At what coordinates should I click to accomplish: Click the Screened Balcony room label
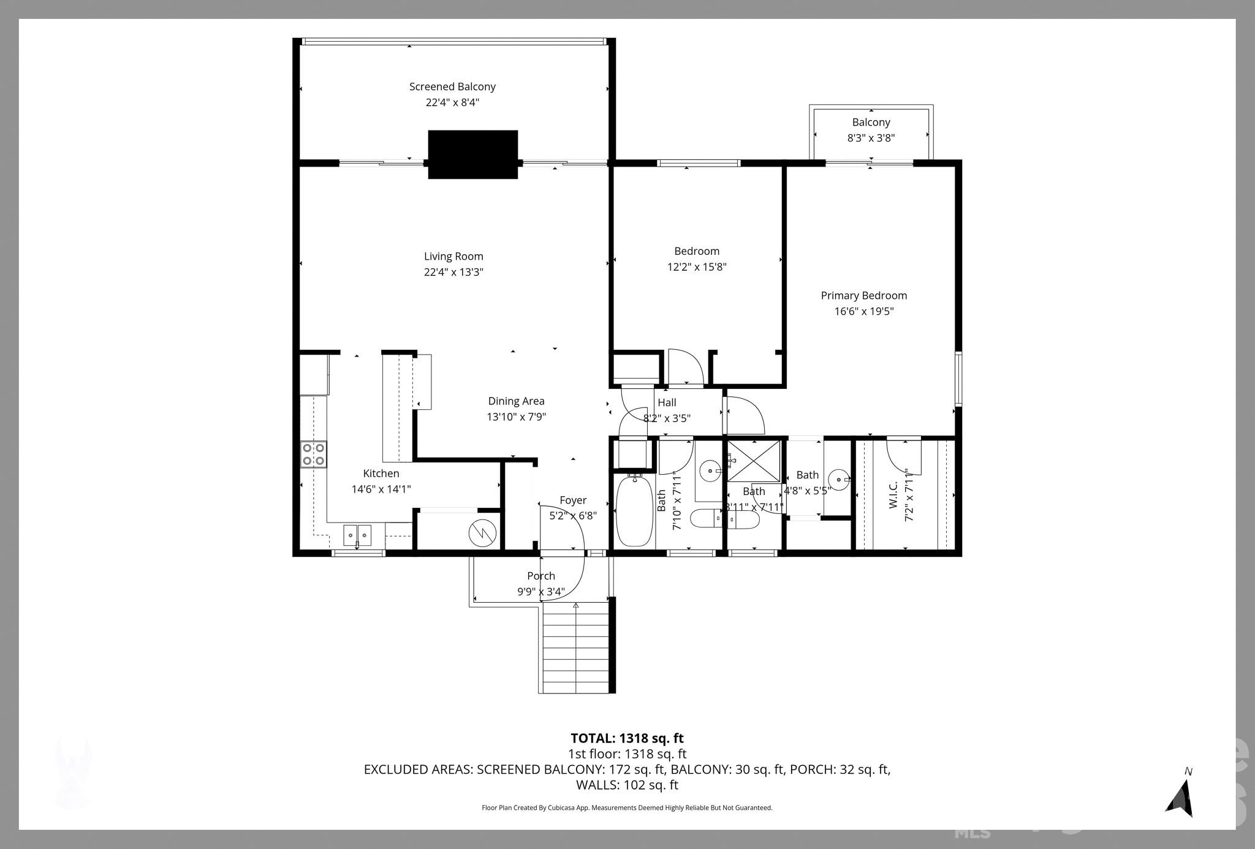pos(452,87)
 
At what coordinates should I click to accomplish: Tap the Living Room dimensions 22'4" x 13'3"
pos(453,272)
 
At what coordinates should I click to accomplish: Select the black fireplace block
pos(472,154)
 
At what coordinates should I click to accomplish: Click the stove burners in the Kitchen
pos(313,455)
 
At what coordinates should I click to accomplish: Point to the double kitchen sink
pos(357,535)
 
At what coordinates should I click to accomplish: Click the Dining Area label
pos(516,401)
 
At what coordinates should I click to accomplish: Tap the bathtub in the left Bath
pos(634,511)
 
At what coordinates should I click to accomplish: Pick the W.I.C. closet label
pos(893,495)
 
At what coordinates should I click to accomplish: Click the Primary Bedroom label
pos(863,296)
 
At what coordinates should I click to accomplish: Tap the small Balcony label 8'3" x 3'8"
pos(871,130)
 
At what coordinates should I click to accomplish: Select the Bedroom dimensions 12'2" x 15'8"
pos(697,267)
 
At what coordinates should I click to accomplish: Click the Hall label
pos(667,402)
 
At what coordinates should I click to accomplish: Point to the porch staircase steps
pos(576,649)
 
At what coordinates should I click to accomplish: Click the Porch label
pos(541,576)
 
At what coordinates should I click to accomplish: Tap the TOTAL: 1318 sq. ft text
pos(627,738)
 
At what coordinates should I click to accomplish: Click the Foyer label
pos(573,500)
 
